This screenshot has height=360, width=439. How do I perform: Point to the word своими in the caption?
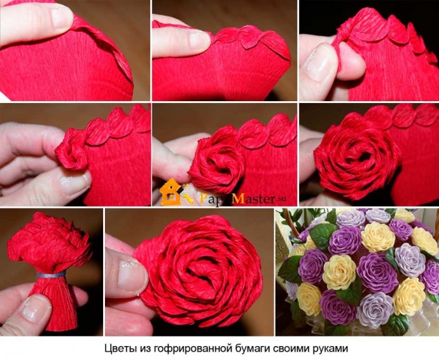[293, 348]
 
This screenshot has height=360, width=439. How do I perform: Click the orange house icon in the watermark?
[171, 192]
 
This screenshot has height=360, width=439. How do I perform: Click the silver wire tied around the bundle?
[51, 275]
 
